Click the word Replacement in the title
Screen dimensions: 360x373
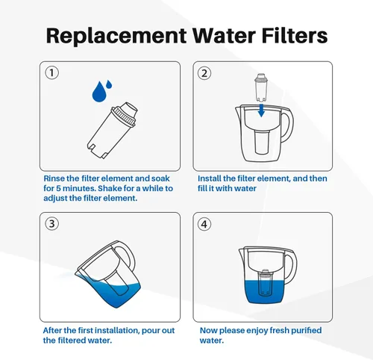click(115, 36)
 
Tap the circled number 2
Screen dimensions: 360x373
click(204, 73)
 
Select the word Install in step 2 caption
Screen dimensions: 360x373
click(210, 179)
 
